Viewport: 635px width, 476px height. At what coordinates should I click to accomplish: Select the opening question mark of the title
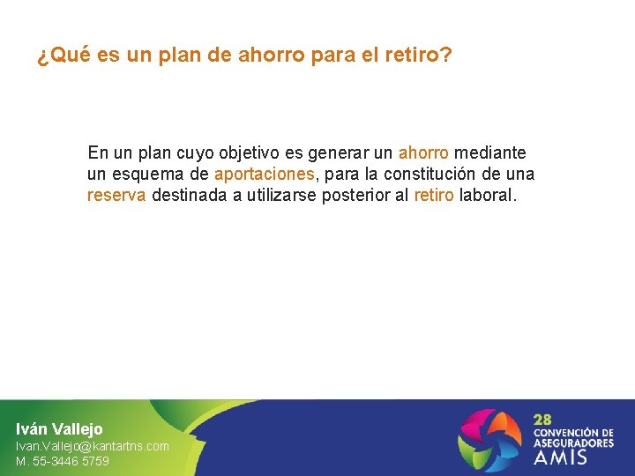pos(41,57)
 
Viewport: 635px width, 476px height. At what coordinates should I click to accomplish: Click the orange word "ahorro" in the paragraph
pos(423,153)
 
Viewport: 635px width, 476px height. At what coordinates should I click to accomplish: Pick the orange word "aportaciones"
pos(264,175)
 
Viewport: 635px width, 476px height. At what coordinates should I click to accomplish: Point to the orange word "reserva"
pos(116,196)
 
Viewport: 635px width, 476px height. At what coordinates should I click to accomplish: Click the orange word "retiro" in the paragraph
pos(434,196)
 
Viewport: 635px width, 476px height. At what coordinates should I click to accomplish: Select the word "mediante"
pos(490,153)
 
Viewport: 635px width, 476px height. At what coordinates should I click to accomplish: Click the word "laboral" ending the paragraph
pos(488,196)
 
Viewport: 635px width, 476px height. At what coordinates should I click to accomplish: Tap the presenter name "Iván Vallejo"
pos(59,429)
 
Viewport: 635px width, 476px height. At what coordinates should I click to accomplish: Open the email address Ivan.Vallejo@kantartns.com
pos(93,446)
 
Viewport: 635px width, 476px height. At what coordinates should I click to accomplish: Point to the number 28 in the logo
pos(542,420)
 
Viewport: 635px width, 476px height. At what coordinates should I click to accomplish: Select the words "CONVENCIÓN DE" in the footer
pos(573,433)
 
